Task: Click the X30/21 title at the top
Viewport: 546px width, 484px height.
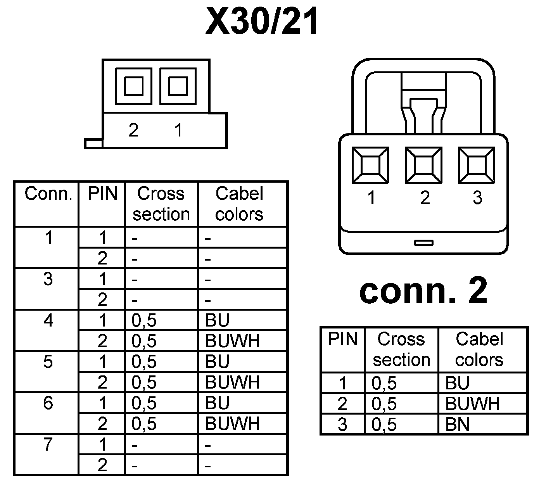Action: tap(262, 21)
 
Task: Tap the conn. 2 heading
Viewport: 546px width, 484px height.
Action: tap(423, 292)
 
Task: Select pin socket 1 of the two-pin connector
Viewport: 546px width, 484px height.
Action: tap(178, 86)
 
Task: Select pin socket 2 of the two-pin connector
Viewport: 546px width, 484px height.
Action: tap(134, 86)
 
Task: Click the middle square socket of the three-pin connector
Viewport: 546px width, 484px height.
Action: tap(424, 165)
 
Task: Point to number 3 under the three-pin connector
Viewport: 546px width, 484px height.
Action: tap(477, 198)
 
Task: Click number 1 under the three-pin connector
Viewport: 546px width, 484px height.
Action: tap(371, 198)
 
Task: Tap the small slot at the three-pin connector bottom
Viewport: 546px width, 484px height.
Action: tap(423, 243)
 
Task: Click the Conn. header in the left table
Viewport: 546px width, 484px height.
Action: tap(48, 194)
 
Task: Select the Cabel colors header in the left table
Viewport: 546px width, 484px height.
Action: tap(239, 204)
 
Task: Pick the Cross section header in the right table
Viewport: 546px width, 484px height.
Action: tap(401, 349)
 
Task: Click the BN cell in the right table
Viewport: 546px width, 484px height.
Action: tap(458, 424)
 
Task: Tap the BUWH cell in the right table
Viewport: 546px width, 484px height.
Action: tap(472, 404)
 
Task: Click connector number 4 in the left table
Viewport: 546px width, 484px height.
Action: tap(48, 321)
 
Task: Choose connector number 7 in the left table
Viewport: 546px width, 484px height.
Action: tap(48, 445)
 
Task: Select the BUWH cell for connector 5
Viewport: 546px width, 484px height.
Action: tap(232, 382)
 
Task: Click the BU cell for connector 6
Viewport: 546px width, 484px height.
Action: tap(218, 403)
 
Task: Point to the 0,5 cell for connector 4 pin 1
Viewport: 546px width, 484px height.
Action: tap(144, 321)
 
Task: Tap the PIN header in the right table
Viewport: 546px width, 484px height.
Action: tap(343, 339)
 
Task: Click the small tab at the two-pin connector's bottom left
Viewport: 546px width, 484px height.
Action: tap(93, 143)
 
